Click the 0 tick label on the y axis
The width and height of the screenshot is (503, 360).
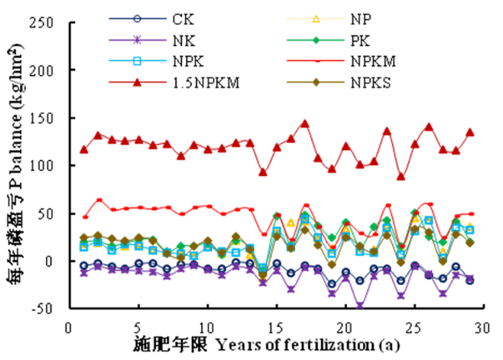(53, 262)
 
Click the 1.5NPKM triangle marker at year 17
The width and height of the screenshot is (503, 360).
(304, 124)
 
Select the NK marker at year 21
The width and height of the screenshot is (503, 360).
(359, 305)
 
